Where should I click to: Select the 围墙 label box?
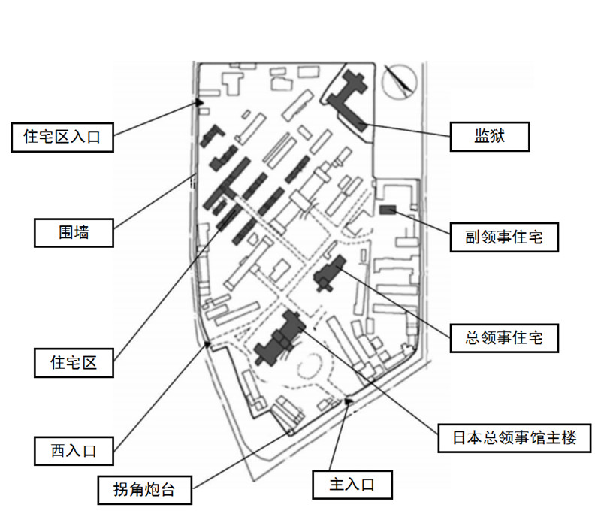(74, 232)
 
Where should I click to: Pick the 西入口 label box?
(74, 451)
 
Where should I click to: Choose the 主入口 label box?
(352, 484)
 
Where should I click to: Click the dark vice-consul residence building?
(388, 209)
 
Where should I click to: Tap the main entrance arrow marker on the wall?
(348, 401)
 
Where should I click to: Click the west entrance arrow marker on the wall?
(208, 344)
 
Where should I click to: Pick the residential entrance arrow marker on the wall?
(199, 102)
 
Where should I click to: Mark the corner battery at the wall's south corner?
(289, 432)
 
